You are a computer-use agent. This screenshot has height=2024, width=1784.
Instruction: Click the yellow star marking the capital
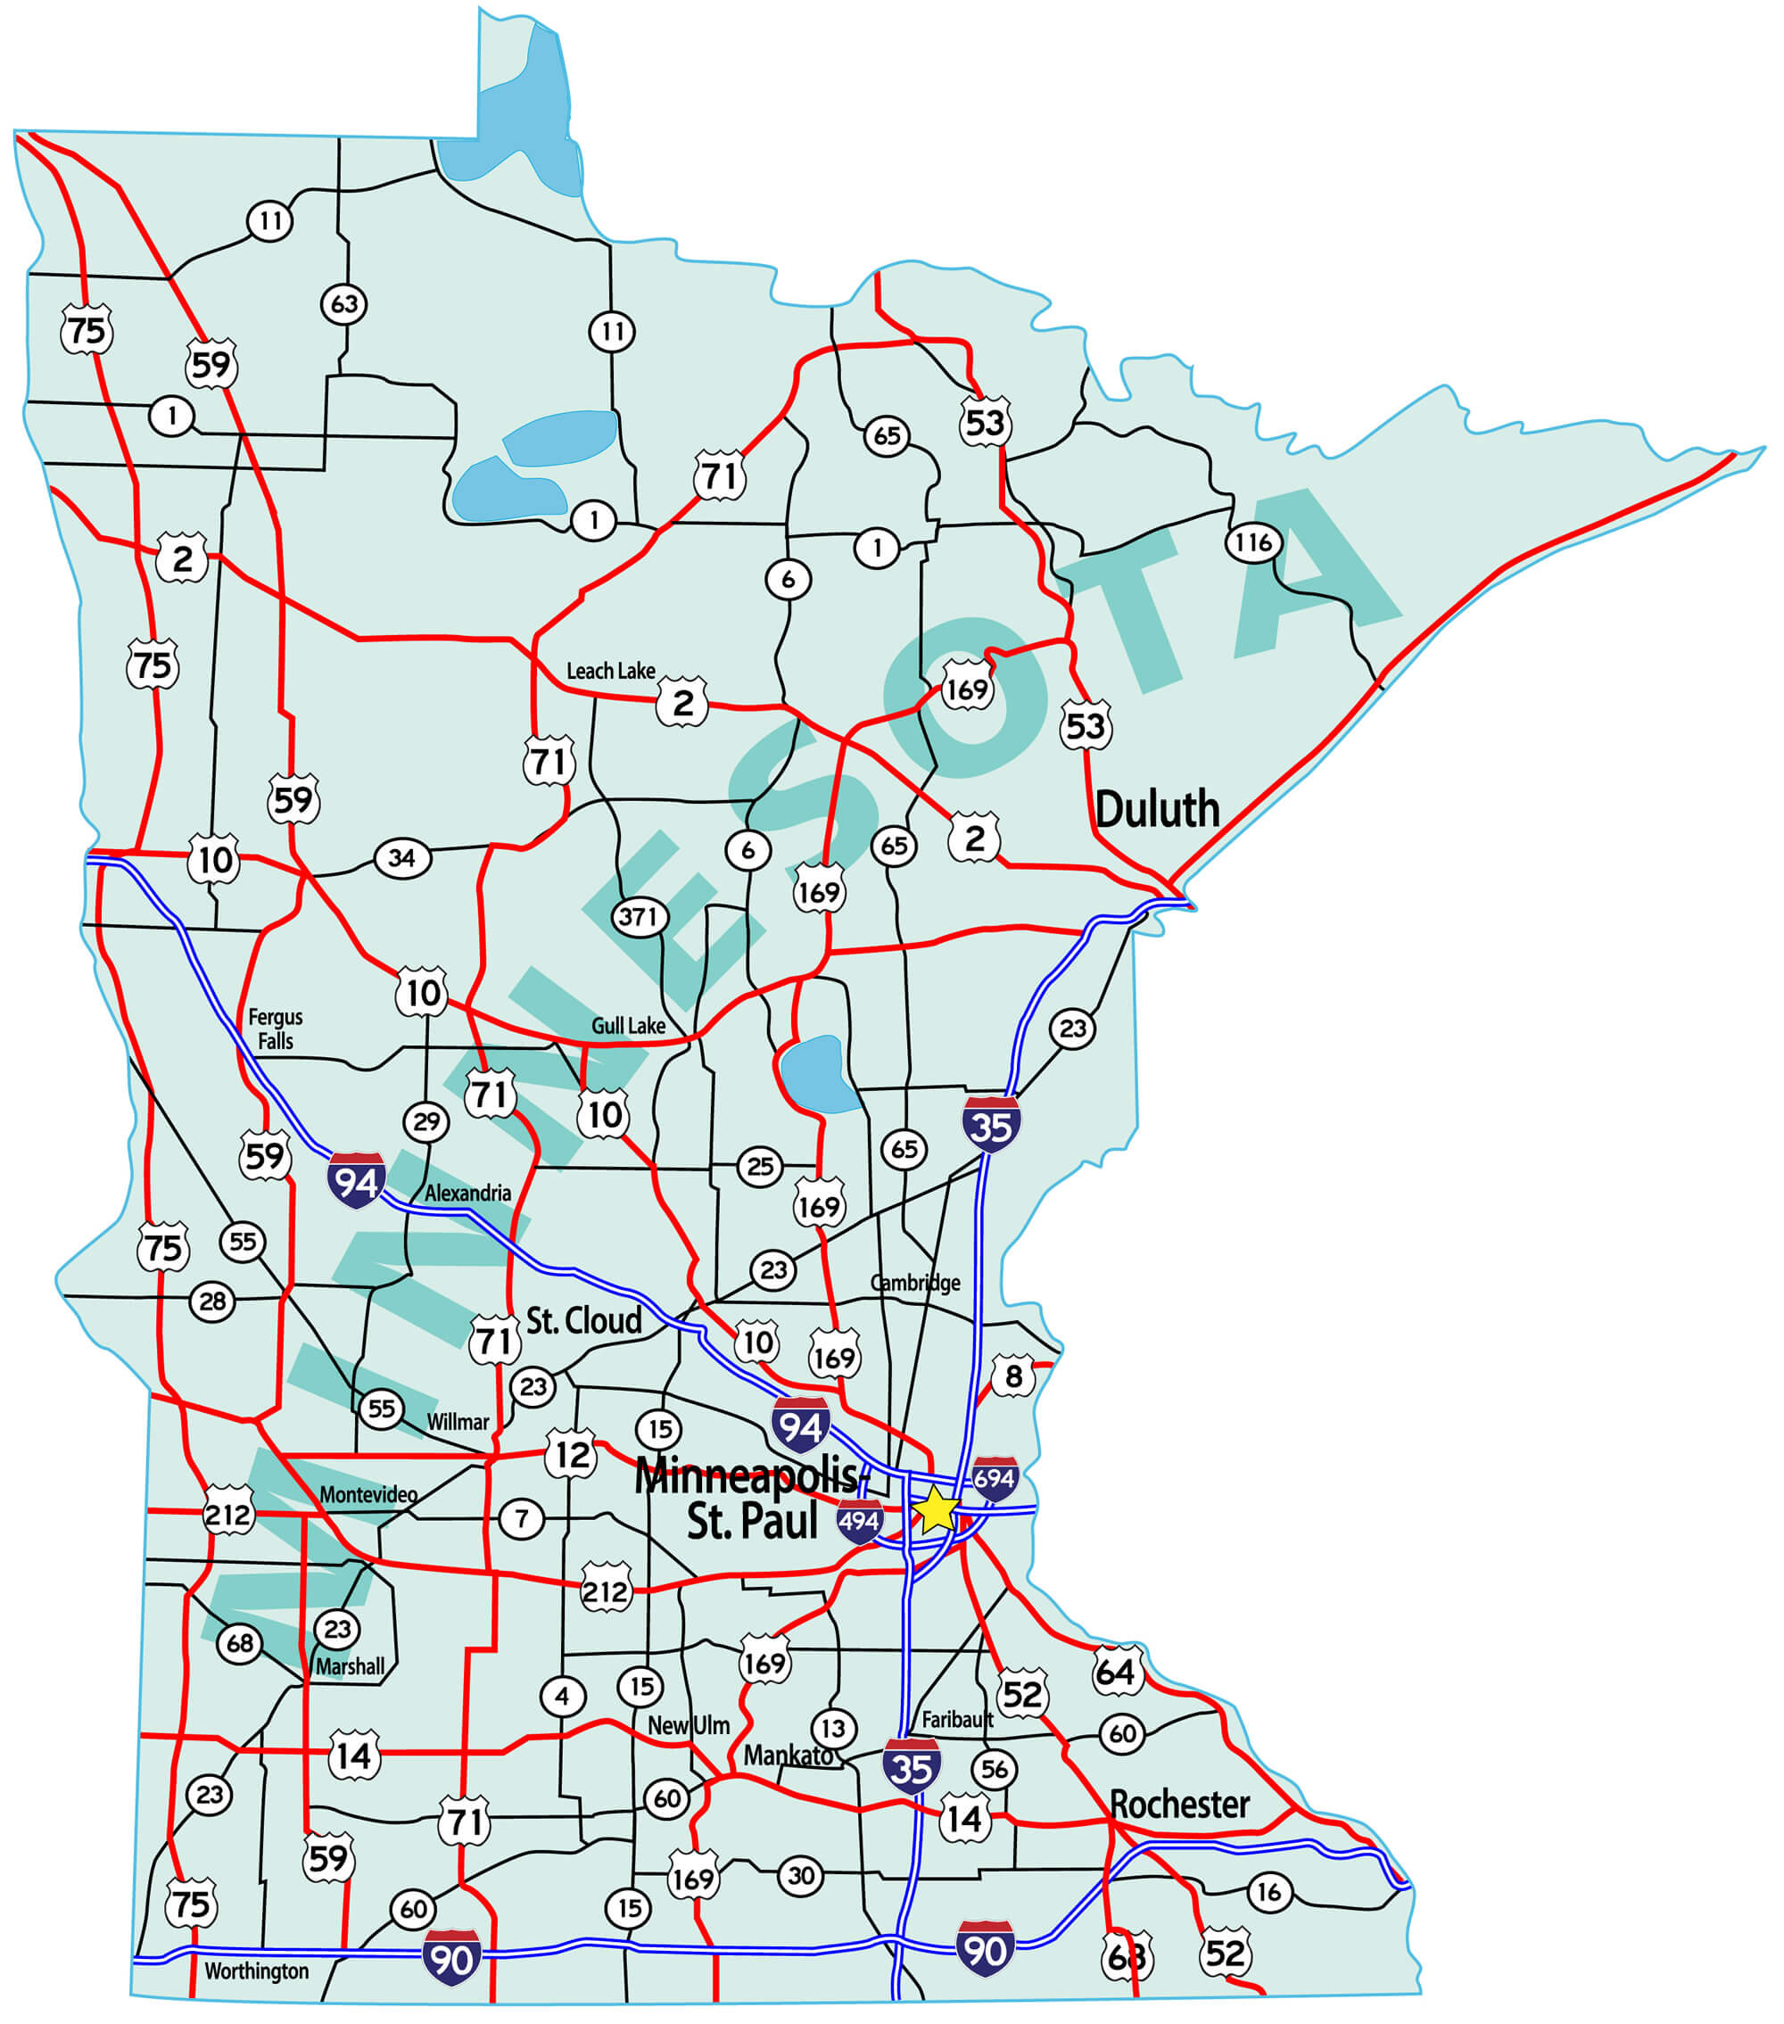[x=935, y=1510]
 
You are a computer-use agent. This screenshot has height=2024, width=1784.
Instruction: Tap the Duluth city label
[x=1156, y=809]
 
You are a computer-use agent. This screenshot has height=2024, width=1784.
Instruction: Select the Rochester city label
[x=1179, y=1805]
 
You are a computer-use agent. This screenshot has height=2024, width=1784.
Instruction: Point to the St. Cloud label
[x=583, y=1320]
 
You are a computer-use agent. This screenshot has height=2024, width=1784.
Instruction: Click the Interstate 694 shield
[x=994, y=1479]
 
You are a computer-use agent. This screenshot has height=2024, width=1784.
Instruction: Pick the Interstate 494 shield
[x=858, y=1521]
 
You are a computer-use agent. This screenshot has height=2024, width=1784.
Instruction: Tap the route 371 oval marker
[x=638, y=917]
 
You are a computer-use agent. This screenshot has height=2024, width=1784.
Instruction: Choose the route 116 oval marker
[x=1253, y=542]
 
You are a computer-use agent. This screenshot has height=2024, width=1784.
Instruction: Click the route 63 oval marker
[x=343, y=304]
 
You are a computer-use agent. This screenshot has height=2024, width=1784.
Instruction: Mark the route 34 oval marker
[x=402, y=857]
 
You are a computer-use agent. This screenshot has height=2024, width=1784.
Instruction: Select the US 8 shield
[x=1012, y=1375]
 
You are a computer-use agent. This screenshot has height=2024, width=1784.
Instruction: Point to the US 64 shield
[x=1117, y=1673]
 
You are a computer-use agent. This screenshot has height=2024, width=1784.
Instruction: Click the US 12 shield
[x=571, y=1455]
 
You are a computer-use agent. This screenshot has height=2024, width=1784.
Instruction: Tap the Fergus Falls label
[x=276, y=1029]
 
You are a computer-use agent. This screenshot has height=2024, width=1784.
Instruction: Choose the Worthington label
[x=256, y=1970]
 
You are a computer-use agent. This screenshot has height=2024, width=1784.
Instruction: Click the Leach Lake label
[x=610, y=672]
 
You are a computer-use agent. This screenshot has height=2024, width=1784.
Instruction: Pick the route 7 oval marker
[x=521, y=1518]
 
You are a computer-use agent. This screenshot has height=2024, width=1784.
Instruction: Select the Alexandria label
[x=467, y=1194]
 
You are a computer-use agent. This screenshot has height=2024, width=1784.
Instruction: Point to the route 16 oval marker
[x=1268, y=1892]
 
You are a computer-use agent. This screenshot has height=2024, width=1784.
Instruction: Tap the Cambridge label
[x=915, y=1284]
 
